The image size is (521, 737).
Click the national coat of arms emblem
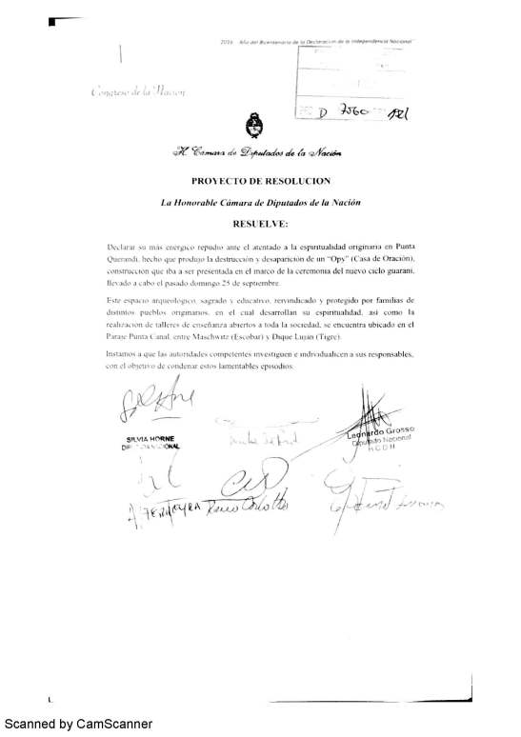coord(254,126)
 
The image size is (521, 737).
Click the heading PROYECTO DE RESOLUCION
coord(260,180)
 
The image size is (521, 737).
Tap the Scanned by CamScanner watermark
coord(76,725)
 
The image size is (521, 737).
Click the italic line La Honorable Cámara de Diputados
coord(260,202)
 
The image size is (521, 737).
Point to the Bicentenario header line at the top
coord(324,43)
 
